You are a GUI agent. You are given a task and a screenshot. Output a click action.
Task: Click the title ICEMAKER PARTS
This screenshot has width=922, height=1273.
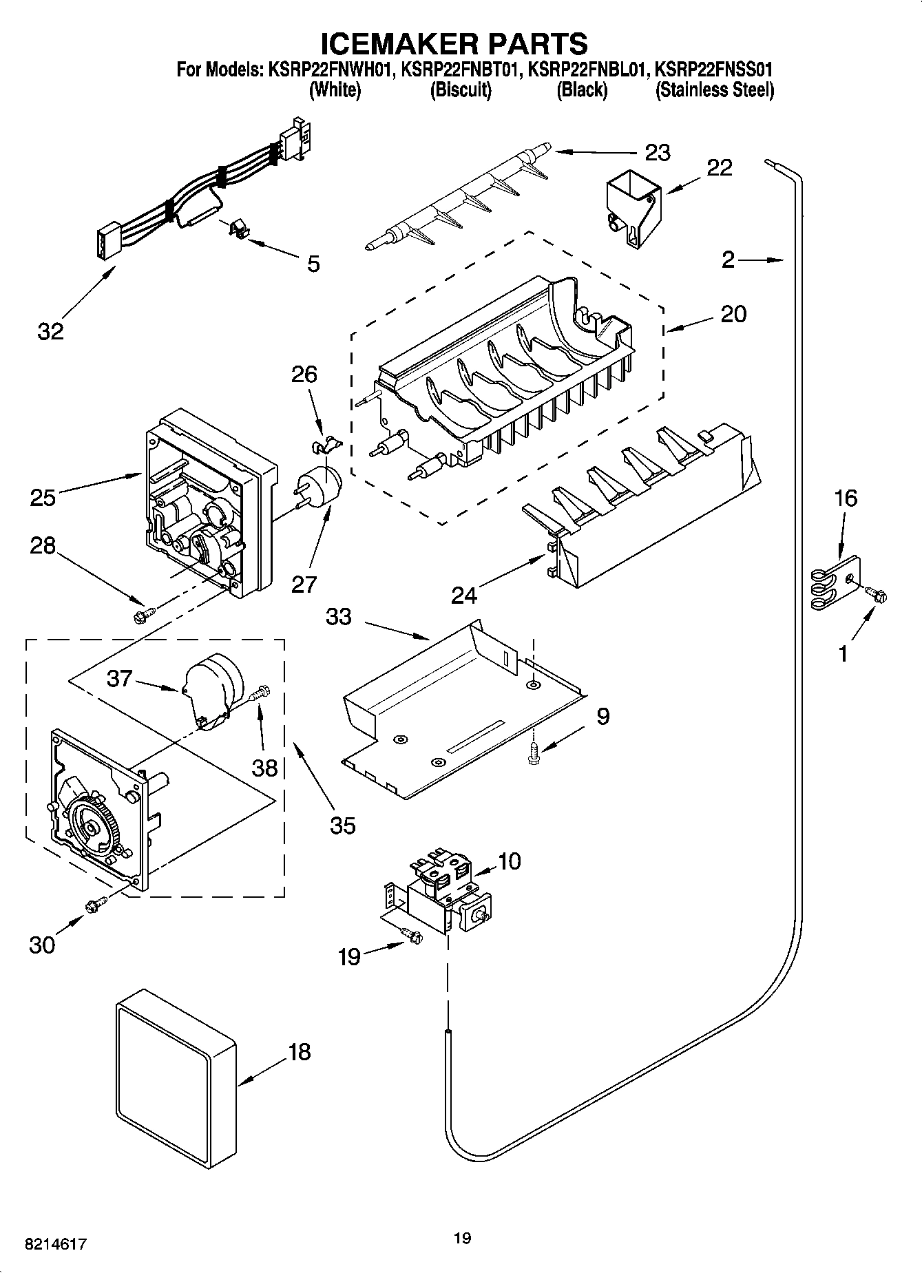click(x=454, y=43)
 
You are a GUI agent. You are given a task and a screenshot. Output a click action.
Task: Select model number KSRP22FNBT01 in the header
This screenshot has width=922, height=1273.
click(x=459, y=70)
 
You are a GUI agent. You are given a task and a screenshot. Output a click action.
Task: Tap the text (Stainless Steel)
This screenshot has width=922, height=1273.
click(x=714, y=90)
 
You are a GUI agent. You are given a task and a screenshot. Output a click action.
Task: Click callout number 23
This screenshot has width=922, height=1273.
click(x=657, y=152)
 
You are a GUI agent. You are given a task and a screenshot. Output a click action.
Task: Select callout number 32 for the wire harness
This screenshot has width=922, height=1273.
click(x=50, y=331)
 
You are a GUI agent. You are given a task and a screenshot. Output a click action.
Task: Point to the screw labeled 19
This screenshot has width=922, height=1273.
click(x=412, y=935)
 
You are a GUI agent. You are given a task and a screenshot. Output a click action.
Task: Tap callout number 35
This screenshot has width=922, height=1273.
click(x=342, y=824)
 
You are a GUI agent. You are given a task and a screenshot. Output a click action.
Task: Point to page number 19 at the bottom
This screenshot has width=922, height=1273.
click(x=462, y=1238)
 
